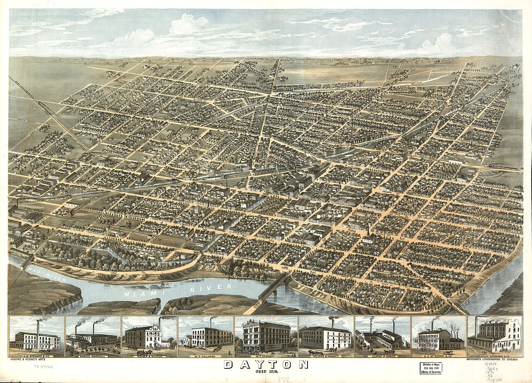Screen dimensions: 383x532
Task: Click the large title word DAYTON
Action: [266, 364]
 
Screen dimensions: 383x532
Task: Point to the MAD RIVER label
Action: [46, 276]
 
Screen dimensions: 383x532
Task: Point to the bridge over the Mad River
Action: [26, 261]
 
